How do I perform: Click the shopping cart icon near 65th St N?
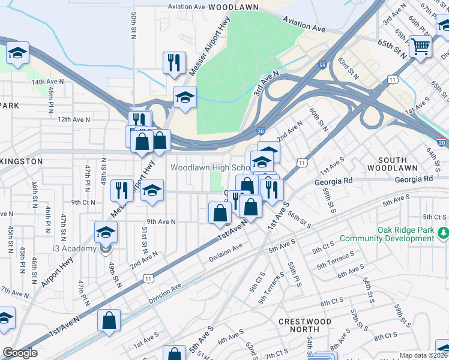(420, 46)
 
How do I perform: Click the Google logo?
(20, 353)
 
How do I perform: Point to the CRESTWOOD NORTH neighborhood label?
(304, 325)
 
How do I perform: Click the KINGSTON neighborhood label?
(20, 161)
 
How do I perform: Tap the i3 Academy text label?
(74, 249)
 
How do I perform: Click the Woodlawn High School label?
(209, 167)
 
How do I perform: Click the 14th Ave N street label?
(47, 82)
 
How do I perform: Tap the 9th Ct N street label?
(83, 202)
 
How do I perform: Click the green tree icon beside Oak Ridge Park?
(444, 232)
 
